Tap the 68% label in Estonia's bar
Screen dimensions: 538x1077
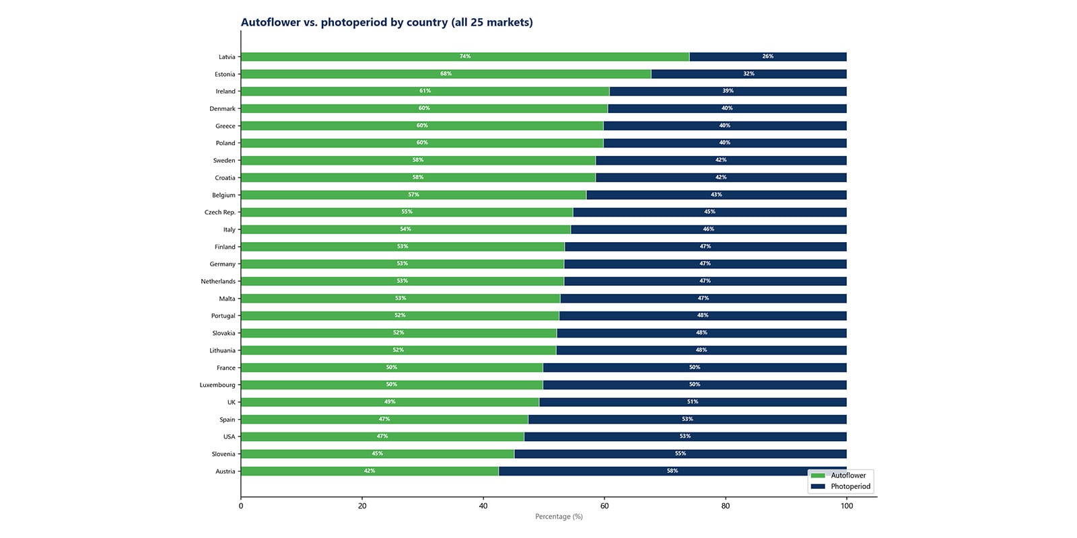point(446,74)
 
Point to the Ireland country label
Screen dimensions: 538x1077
point(225,91)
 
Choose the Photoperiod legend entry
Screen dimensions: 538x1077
point(850,486)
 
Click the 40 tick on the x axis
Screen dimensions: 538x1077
point(483,506)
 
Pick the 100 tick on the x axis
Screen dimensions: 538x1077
point(847,506)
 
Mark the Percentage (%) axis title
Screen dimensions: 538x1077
point(559,516)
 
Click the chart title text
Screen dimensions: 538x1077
point(386,22)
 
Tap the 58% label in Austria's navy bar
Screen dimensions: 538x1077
point(672,471)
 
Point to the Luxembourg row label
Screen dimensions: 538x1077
point(217,385)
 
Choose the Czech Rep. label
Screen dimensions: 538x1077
point(220,213)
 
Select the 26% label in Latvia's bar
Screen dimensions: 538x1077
point(767,56)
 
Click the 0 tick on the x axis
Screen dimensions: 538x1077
point(241,506)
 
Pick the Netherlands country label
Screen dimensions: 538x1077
point(218,282)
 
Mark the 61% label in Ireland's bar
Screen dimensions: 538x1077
point(425,91)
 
